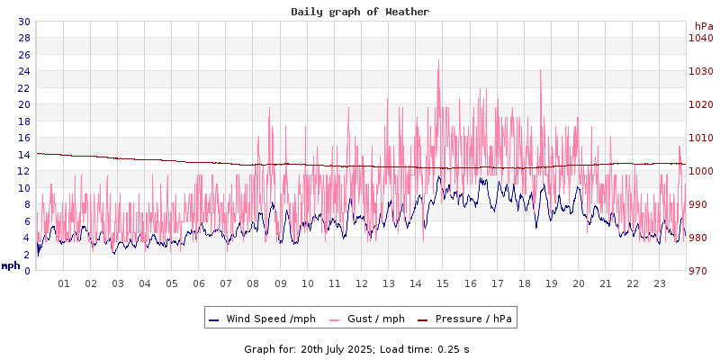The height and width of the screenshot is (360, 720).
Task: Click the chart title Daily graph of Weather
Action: (x=360, y=12)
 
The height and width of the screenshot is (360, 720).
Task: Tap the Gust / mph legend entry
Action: (x=370, y=319)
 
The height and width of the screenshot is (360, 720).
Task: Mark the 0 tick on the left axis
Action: (x=27, y=271)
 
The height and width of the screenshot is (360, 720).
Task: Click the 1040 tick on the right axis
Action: (x=700, y=38)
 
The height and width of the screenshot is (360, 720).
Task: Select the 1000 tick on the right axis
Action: (x=700, y=171)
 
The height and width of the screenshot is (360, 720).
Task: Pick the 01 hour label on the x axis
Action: (x=64, y=283)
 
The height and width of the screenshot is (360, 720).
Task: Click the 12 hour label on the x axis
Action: (x=362, y=283)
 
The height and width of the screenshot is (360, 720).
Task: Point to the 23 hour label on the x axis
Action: (x=660, y=283)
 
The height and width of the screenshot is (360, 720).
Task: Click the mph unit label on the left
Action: (x=11, y=265)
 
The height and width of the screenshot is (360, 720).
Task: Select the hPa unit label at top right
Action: (x=703, y=26)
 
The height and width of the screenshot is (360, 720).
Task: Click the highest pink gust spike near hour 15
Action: (x=438, y=61)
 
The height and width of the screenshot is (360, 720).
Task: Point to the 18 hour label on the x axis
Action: (x=525, y=283)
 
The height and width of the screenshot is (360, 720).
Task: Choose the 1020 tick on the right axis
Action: (x=700, y=104)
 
